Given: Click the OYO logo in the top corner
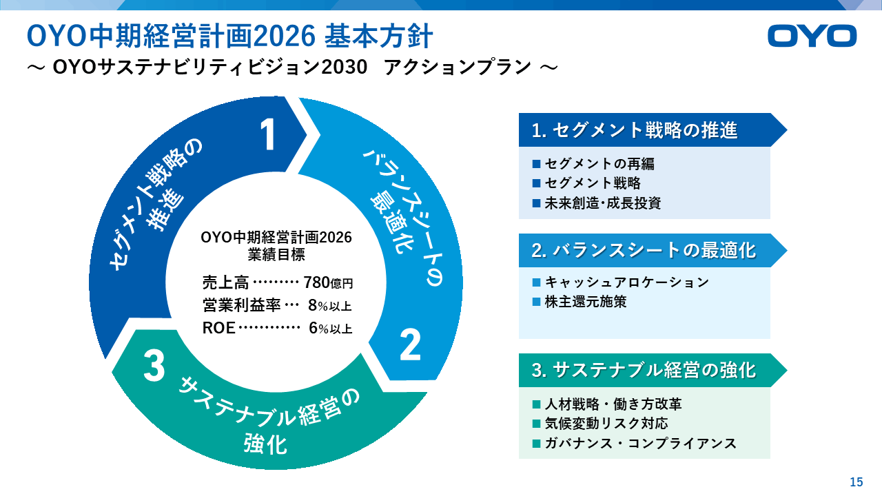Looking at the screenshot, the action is point(812,37).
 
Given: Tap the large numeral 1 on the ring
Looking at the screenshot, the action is point(269,135).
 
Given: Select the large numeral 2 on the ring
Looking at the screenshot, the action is point(410,345).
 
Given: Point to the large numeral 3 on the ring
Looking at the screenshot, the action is point(154,366).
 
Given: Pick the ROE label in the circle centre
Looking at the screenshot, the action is point(219,328).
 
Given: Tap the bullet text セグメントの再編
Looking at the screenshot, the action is point(599,164).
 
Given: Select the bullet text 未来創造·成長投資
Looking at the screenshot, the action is point(602,203).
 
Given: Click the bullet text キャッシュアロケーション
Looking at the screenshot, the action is point(627,282).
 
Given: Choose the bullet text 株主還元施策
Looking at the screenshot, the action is point(586,302).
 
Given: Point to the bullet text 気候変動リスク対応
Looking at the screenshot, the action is point(606,424).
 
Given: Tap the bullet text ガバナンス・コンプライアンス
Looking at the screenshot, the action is point(640,443).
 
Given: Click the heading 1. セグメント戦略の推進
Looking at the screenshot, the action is point(635,130).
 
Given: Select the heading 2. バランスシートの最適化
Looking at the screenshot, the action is point(644,250).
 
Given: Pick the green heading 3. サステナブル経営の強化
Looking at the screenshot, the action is point(644,371).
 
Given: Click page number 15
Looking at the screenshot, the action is point(857,482).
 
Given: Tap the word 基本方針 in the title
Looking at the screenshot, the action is point(378,37).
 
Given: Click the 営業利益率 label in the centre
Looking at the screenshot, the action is point(241,305).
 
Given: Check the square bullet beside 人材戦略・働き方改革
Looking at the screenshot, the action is point(536,404).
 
